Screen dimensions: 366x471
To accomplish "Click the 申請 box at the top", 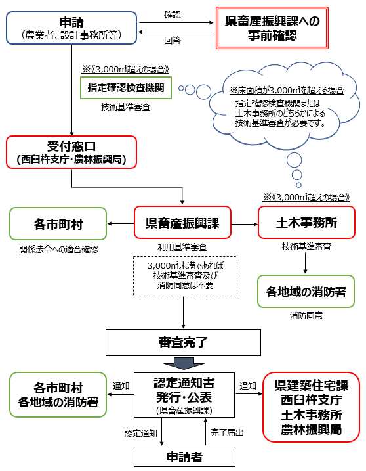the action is (x=71, y=28).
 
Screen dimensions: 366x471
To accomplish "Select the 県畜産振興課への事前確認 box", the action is (x=272, y=28).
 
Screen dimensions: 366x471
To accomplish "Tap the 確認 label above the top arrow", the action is (x=173, y=14).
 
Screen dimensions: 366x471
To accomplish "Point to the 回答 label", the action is (x=173, y=40).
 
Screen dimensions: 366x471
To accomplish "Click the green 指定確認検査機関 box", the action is (x=126, y=88).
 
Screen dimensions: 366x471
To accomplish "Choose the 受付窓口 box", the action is (x=71, y=152).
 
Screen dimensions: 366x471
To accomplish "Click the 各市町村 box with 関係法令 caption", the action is (x=58, y=224).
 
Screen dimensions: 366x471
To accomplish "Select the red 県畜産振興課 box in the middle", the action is (x=182, y=223).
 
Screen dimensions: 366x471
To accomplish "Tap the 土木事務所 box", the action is (x=306, y=223).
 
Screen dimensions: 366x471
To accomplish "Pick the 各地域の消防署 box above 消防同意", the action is (x=306, y=292).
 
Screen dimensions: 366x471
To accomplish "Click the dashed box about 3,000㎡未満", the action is (x=185, y=276).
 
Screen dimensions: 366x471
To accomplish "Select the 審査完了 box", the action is (x=183, y=342).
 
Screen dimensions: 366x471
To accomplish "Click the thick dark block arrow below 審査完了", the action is (x=184, y=363).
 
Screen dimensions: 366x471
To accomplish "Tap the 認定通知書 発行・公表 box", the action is (x=184, y=395).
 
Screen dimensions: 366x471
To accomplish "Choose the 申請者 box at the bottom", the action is (x=184, y=457).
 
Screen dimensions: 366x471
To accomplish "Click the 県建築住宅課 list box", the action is (x=311, y=407).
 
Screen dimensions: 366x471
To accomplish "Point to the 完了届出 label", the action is (x=227, y=432).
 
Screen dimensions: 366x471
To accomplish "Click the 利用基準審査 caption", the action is (x=182, y=247).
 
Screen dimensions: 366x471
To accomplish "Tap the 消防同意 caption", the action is (x=306, y=315).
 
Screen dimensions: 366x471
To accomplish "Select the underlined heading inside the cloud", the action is (x=287, y=90).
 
